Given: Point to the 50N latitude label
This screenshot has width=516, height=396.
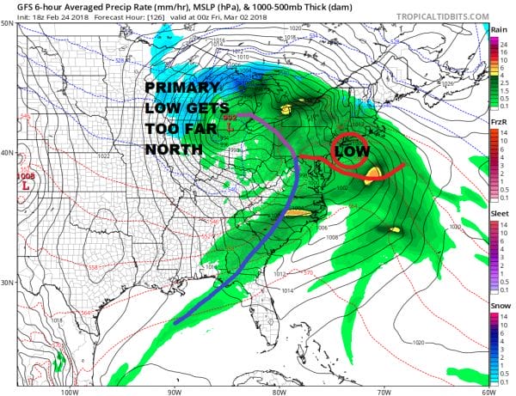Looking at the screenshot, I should coord(8,23).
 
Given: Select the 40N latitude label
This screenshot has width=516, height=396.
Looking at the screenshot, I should coord(8,153).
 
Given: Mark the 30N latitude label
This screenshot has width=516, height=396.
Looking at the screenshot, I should coord(8,283).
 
